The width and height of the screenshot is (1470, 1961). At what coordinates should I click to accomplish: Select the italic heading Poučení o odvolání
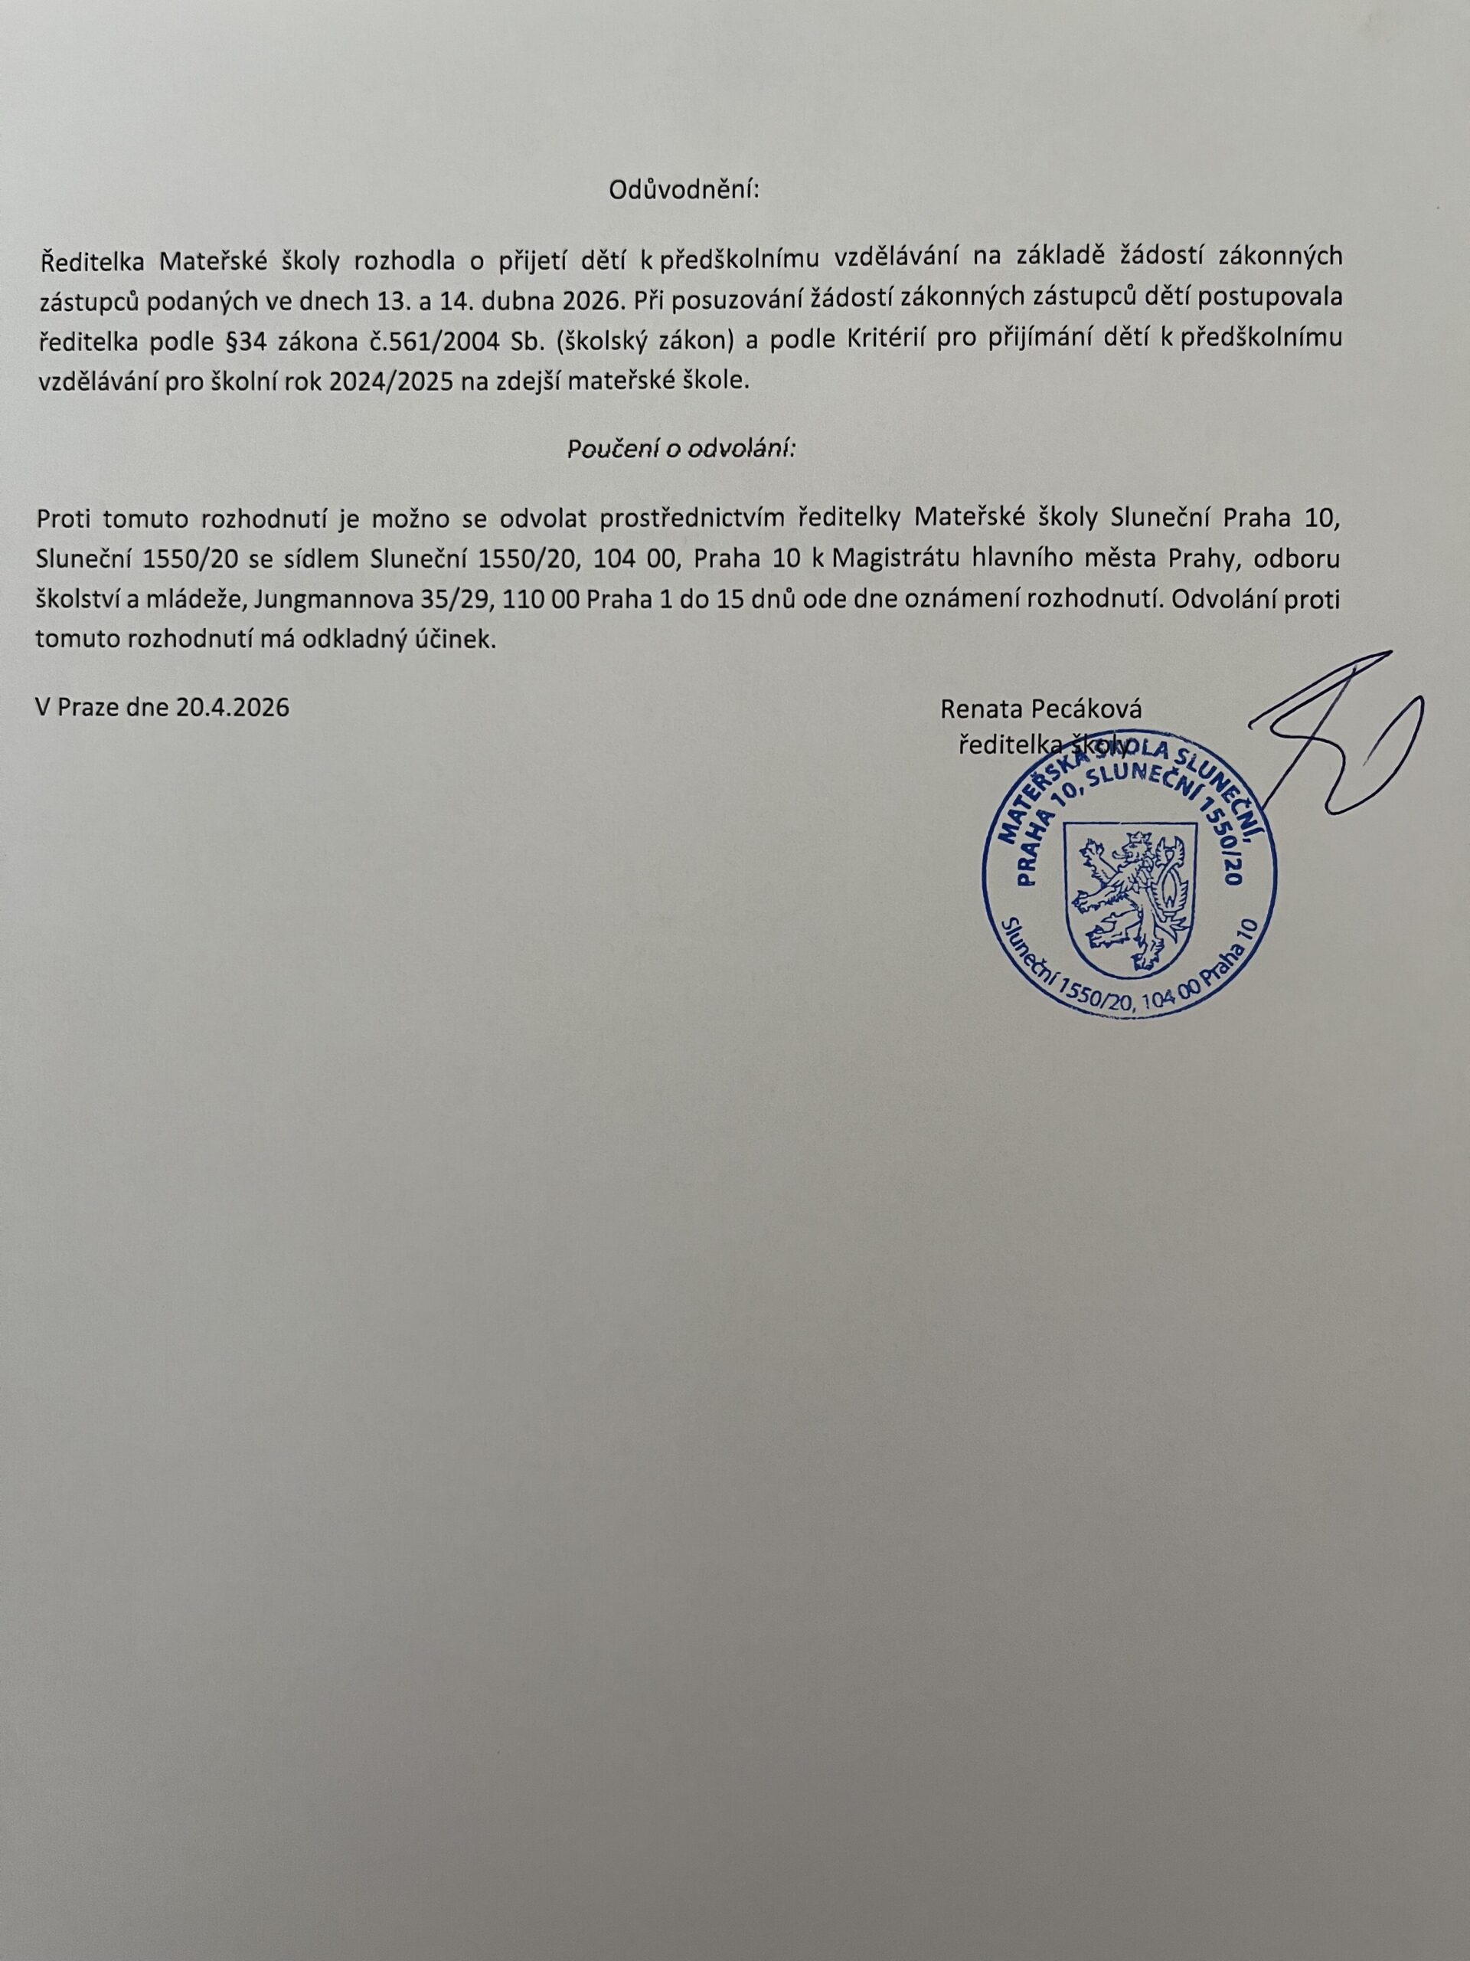click(681, 449)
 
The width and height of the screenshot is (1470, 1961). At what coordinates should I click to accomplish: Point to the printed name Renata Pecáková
click(1041, 709)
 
